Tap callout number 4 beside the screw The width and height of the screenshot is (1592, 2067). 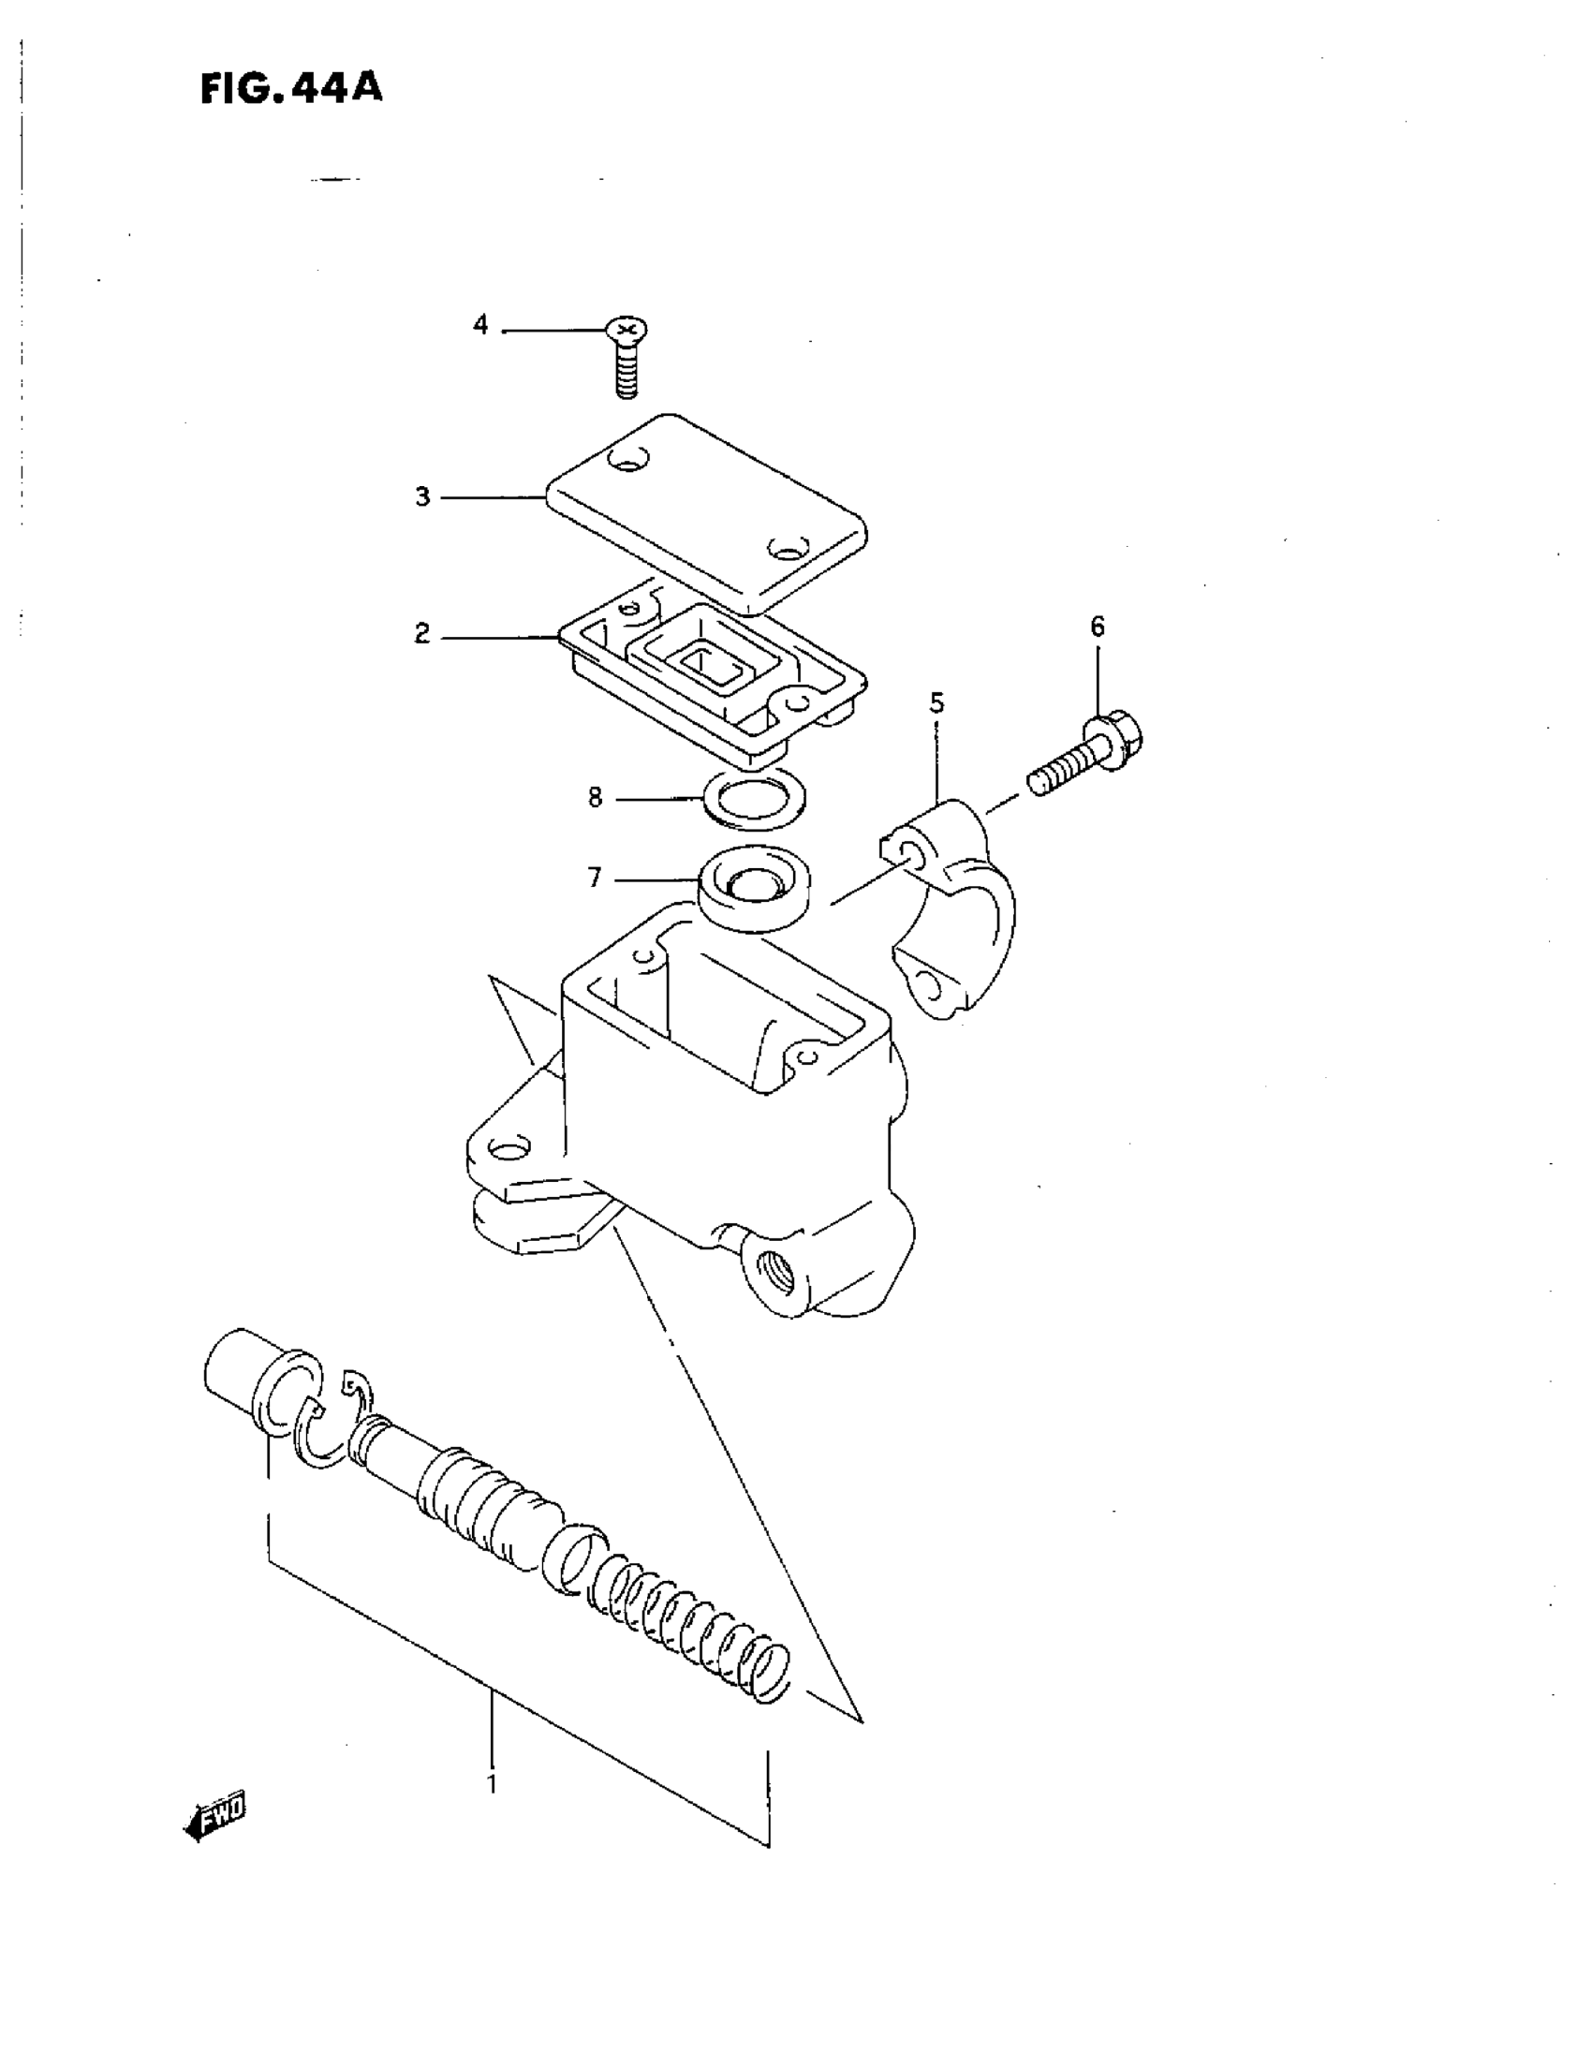click(x=480, y=326)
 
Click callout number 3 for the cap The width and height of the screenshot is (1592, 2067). click(x=422, y=497)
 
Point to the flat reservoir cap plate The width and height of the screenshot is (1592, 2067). click(x=705, y=511)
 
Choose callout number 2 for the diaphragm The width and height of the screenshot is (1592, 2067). click(x=422, y=633)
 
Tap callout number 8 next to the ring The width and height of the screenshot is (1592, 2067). click(x=595, y=798)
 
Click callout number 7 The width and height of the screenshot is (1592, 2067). click(x=595, y=878)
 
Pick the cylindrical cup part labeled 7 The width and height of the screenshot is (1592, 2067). click(x=755, y=887)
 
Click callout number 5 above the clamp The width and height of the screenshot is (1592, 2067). click(x=936, y=702)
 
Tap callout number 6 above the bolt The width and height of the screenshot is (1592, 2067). click(x=1097, y=627)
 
